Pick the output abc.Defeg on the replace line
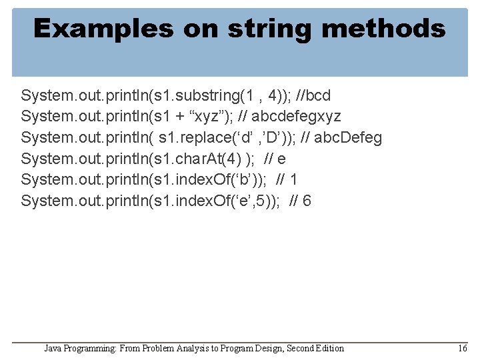point(347,138)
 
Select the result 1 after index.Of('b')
point(294,180)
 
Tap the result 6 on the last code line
point(307,201)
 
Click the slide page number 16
point(463,348)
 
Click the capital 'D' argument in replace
point(267,138)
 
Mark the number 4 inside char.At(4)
point(235,159)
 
